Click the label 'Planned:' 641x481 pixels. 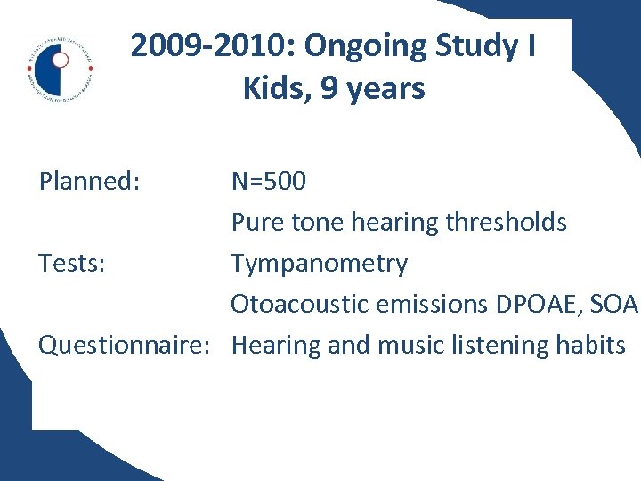tap(89, 182)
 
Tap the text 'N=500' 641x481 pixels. tap(269, 182)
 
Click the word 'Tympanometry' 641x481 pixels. tap(320, 264)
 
